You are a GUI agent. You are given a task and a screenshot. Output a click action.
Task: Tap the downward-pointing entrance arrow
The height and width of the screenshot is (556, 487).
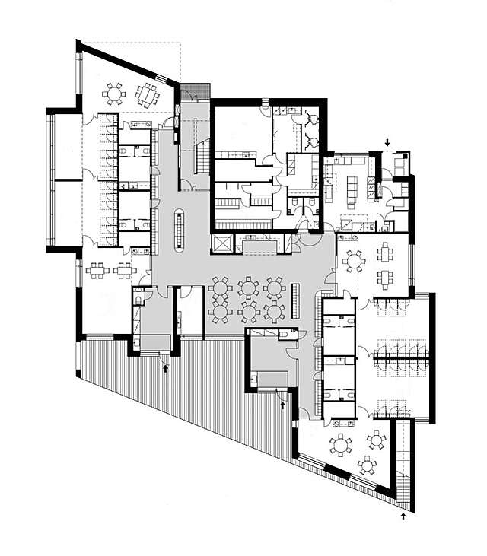(387, 142)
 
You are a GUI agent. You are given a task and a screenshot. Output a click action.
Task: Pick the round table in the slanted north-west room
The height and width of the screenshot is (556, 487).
(114, 94)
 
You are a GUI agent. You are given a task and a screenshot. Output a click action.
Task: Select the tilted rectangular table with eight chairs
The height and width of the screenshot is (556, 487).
(147, 94)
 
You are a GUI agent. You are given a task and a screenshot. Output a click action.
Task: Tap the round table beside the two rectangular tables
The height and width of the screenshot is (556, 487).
(353, 261)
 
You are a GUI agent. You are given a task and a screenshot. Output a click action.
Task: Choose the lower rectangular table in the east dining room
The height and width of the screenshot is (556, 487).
(385, 278)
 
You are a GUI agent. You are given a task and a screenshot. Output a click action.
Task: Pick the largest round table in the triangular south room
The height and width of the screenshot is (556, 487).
(340, 444)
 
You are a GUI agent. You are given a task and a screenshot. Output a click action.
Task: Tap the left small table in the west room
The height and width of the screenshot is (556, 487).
(98, 269)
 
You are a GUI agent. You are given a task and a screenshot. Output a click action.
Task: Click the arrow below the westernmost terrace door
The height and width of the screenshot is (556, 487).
(166, 368)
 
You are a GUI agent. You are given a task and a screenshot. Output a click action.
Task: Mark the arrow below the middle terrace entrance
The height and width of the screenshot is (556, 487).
(282, 405)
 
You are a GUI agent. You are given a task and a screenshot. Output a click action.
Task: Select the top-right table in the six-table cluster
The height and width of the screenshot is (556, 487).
(272, 288)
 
